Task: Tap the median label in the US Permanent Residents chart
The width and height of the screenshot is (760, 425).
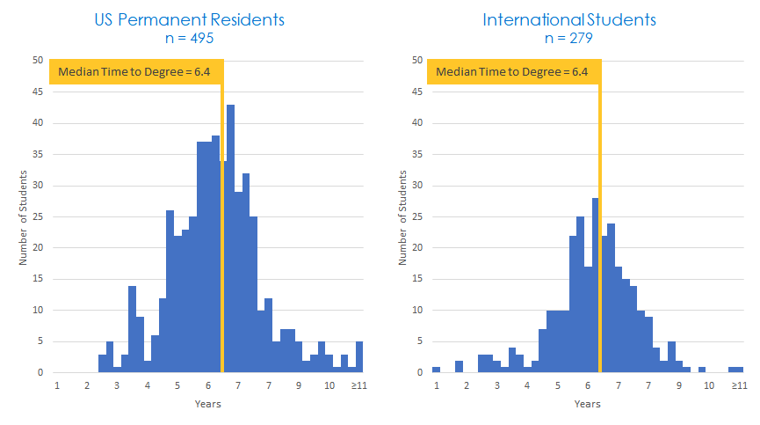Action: pyautogui.click(x=136, y=72)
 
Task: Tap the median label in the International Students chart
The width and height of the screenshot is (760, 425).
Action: pyautogui.click(x=514, y=72)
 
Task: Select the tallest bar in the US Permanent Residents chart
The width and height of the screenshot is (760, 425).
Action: pyautogui.click(x=230, y=238)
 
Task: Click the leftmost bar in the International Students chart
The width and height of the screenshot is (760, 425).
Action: pyautogui.click(x=436, y=370)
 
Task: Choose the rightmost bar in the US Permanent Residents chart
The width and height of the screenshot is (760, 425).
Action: pyautogui.click(x=359, y=357)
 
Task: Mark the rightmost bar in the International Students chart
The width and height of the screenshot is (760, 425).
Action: pyautogui.click(x=735, y=370)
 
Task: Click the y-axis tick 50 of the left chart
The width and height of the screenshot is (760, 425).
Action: pyautogui.click(x=38, y=61)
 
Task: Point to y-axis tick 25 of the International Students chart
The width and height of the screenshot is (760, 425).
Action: pyautogui.click(x=416, y=216)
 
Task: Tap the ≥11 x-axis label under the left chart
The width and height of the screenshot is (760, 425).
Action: pyautogui.click(x=358, y=385)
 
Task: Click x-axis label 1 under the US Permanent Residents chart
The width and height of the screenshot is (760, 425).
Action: pyautogui.click(x=57, y=385)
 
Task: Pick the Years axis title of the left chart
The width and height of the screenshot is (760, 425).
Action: pyautogui.click(x=207, y=404)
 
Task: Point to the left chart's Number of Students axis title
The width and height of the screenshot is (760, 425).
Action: pyautogui.click(x=24, y=216)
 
